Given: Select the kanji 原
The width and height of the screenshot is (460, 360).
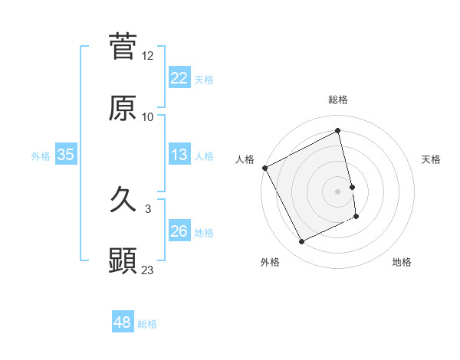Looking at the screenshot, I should [123, 108].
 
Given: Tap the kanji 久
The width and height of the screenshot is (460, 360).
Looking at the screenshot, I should [123, 201].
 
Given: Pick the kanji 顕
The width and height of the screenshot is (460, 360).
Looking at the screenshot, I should [123, 261].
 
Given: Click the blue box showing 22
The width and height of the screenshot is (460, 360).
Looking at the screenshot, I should [179, 77].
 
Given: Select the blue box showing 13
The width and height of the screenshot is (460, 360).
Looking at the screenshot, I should [179, 155].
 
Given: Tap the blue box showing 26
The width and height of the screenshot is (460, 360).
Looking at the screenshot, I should [179, 231].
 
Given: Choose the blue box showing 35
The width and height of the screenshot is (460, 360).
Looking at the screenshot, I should [65, 155].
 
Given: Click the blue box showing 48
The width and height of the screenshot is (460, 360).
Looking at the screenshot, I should [123, 322].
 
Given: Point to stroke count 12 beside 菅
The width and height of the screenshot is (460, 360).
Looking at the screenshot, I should [148, 56].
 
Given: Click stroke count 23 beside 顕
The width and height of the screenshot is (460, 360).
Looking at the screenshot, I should [148, 270].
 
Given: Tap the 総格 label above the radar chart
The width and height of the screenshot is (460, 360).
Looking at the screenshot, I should [338, 100].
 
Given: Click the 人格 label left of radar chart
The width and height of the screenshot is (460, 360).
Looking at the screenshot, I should [245, 159].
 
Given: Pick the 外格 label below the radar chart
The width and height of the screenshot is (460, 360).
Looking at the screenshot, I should [270, 263].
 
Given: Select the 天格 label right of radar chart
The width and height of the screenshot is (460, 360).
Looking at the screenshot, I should [431, 159].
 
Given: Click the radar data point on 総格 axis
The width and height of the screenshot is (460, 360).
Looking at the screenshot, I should [338, 131].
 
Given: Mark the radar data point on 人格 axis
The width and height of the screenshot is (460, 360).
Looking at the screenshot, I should [264, 168].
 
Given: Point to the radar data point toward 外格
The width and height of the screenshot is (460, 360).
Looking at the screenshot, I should [302, 242].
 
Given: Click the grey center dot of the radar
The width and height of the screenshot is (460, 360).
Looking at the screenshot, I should [338, 191].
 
